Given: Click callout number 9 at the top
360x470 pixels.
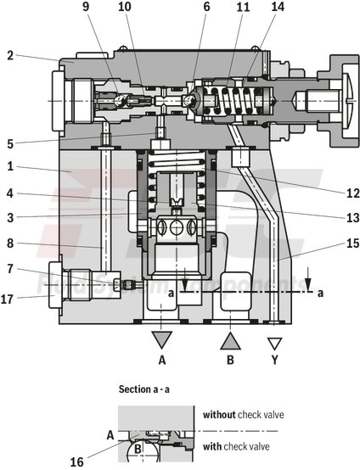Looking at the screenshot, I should coord(85,8).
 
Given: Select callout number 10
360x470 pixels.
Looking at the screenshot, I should coord(124,8).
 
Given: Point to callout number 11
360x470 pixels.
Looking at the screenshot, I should coord(243,8).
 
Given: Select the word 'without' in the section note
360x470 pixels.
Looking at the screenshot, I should coord(219,415).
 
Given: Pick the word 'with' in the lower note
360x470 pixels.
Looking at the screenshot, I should coord(213,446).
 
